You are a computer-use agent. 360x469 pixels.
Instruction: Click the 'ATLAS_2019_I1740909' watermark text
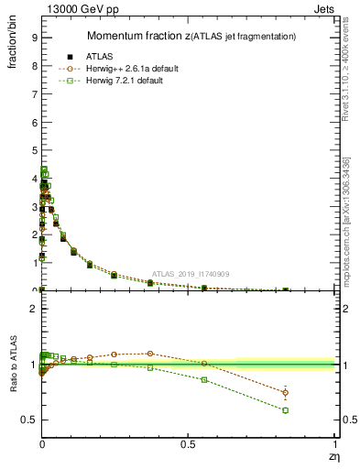click(x=191, y=274)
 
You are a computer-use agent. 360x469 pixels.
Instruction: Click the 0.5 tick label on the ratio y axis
click(x=29, y=420)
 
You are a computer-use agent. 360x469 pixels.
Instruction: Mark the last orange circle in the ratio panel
click(x=286, y=393)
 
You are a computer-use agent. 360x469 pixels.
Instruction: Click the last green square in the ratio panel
click(x=286, y=410)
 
